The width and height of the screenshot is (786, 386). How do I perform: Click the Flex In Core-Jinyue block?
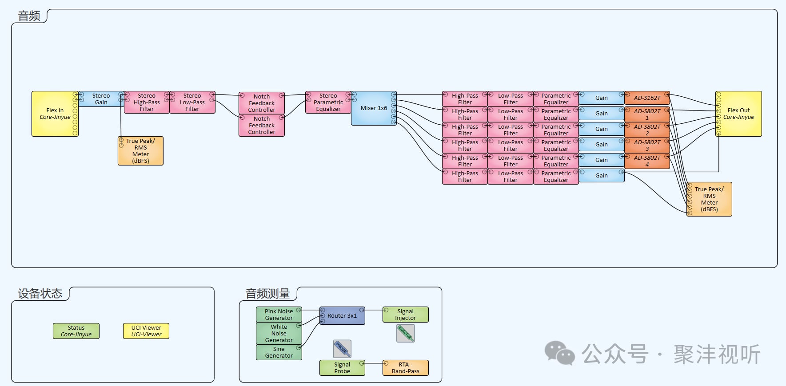(x=55, y=114)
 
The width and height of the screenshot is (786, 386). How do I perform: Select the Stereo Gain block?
(x=101, y=99)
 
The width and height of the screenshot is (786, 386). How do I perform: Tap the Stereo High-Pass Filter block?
(x=147, y=102)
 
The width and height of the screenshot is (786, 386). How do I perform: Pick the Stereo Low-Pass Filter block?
(x=192, y=102)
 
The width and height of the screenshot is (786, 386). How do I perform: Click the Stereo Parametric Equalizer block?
(x=328, y=102)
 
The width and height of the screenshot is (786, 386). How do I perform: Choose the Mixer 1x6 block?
(x=373, y=108)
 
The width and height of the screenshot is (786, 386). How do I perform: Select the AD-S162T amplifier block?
(x=647, y=98)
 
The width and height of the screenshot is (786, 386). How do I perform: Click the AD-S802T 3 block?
(x=647, y=146)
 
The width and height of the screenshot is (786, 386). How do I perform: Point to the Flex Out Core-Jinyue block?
(x=738, y=114)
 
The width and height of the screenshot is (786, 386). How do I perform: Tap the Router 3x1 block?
(x=342, y=316)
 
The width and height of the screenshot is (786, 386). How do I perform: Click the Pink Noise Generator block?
(x=279, y=315)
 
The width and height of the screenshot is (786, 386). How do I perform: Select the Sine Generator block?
(x=279, y=352)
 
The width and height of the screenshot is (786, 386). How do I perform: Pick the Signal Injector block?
(x=405, y=315)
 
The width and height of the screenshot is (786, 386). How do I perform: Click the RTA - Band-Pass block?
(x=405, y=368)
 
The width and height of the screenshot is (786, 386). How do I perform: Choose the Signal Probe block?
(x=342, y=368)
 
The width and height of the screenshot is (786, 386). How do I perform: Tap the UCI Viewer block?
(x=146, y=331)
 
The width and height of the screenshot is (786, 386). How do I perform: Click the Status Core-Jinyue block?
(x=76, y=331)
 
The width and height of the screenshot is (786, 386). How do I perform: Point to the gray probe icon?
(x=342, y=349)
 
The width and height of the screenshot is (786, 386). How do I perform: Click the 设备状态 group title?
(x=40, y=294)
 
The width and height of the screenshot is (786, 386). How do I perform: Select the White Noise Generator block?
(x=279, y=333)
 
